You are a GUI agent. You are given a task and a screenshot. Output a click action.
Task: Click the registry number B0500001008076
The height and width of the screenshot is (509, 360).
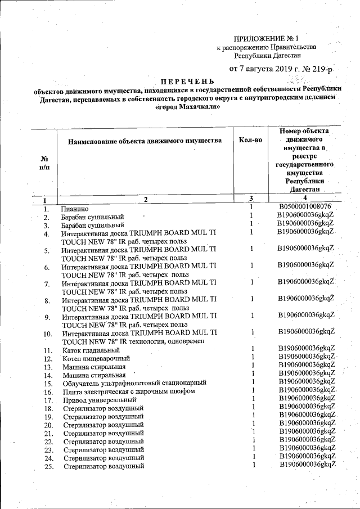305,207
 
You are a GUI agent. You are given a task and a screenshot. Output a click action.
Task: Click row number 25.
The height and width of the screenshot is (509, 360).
47,466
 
